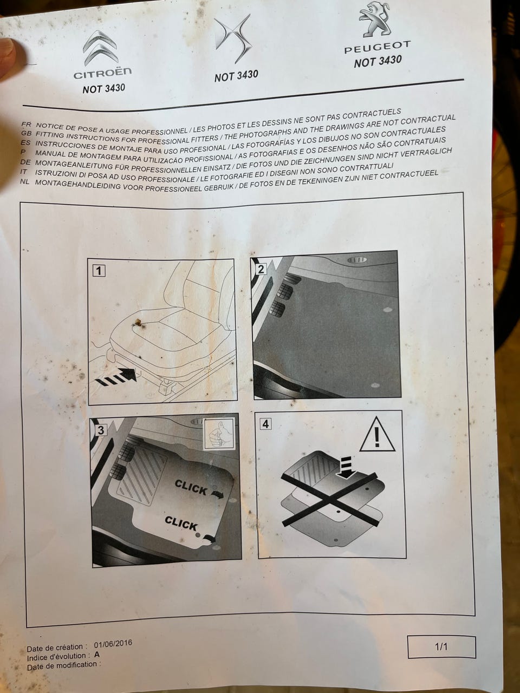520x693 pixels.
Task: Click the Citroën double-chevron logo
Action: (x=100, y=48)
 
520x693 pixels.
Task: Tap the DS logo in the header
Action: (x=233, y=38)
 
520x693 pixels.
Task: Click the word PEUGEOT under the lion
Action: (x=378, y=47)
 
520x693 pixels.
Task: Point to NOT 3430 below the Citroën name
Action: (x=104, y=88)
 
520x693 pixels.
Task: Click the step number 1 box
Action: (x=99, y=271)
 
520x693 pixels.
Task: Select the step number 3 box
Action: (x=101, y=430)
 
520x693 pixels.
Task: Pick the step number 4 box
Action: (x=265, y=424)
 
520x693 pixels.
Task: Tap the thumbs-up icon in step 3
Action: (x=219, y=433)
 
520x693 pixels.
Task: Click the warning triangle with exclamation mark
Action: (x=377, y=434)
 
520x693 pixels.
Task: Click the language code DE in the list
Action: (x=25, y=162)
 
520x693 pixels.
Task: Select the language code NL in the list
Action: (x=24, y=182)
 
